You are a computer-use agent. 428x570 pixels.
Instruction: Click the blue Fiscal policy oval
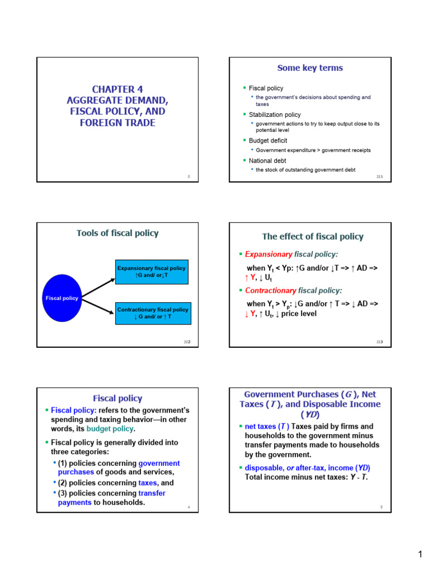[x=62, y=298]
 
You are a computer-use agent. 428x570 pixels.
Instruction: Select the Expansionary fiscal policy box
[x=152, y=272]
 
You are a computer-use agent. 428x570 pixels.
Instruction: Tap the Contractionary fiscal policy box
[x=153, y=313]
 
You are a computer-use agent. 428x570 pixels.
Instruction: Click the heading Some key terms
[x=310, y=68]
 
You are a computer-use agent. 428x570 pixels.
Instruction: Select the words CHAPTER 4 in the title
[x=113, y=89]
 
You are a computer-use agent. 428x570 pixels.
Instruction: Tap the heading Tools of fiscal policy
[x=118, y=233]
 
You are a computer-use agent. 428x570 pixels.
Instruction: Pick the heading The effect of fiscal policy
[x=313, y=237]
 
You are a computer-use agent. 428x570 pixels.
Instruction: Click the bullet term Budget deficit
[x=268, y=141]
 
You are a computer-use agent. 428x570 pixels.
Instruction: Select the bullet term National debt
[x=267, y=161]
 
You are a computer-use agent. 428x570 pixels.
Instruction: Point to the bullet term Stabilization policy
[x=275, y=115]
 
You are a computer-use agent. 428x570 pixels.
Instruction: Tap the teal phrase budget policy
[x=110, y=429]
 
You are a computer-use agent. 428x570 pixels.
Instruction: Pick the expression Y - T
[x=356, y=477]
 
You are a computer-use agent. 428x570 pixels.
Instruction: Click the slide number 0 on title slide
[x=189, y=176]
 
